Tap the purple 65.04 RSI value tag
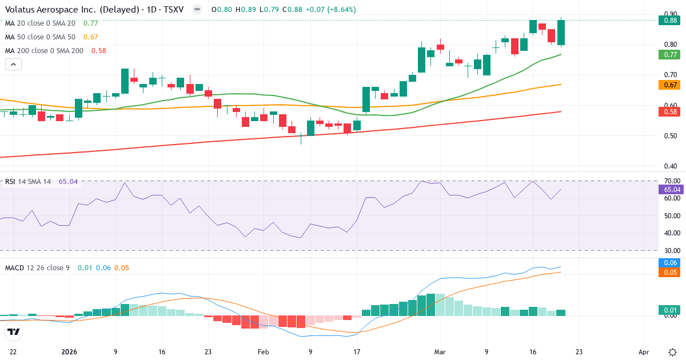672,189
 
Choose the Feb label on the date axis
263,352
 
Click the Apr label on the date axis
644,352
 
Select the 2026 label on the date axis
69,352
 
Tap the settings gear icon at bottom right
672,352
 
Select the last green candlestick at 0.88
561,33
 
